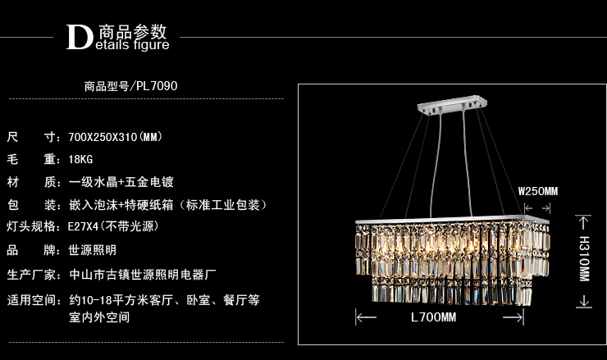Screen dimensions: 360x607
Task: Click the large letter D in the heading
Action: pyautogui.click(x=80, y=37)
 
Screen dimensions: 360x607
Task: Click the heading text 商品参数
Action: pyautogui.click(x=132, y=32)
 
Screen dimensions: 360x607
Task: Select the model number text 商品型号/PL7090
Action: pyautogui.click(x=131, y=85)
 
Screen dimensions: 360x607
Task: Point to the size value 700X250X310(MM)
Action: pyautogui.click(x=115, y=136)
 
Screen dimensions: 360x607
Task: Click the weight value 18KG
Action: pyautogui.click(x=80, y=159)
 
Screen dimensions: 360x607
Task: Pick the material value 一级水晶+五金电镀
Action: pyautogui.click(x=121, y=182)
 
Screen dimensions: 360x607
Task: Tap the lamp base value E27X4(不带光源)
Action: pyautogui.click(x=113, y=227)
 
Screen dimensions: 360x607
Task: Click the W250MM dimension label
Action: pyautogui.click(x=538, y=191)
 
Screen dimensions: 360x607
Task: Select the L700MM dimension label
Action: pyautogui.click(x=432, y=317)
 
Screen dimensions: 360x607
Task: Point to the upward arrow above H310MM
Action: pyautogui.click(x=584, y=222)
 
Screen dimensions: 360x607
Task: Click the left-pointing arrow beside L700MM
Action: pyautogui.click(x=365, y=317)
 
